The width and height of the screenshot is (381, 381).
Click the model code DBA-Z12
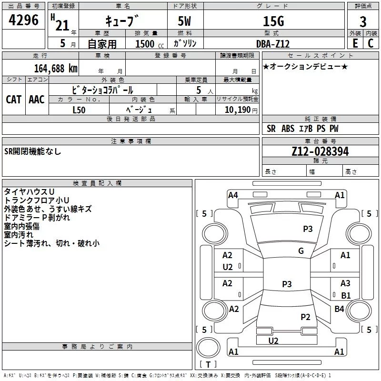pyautogui.click(x=272, y=43)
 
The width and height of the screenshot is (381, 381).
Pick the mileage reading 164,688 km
pyautogui.click(x=55, y=68)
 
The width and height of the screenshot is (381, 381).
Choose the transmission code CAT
pyautogui.click(x=13, y=99)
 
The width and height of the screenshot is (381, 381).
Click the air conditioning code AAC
pyautogui.click(x=36, y=99)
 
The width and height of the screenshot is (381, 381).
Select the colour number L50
pyautogui.click(x=79, y=110)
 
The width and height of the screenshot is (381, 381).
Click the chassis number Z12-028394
pyautogui.click(x=320, y=151)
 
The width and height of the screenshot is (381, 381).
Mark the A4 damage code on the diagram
pyautogui.click(x=233, y=195)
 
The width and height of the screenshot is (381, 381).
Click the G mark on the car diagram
pyautogui.click(x=301, y=251)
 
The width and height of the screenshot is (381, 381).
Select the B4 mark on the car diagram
pyautogui.click(x=339, y=309)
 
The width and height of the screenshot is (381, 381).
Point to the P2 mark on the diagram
pyautogui.click(x=306, y=317)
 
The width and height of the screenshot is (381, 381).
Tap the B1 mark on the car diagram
pyautogui.click(x=346, y=295)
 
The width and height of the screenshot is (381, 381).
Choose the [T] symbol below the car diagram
pyautogui.click(x=208, y=364)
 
